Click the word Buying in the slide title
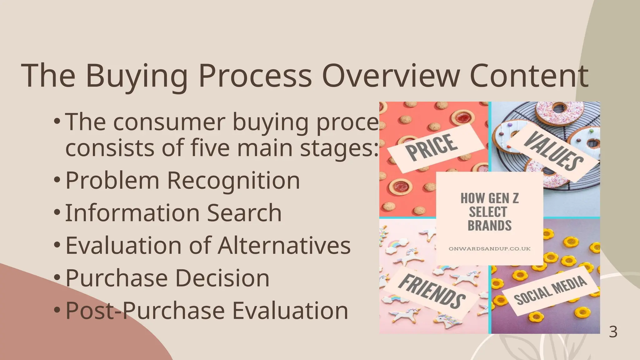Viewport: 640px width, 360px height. coord(136,76)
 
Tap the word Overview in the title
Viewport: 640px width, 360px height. coord(391,76)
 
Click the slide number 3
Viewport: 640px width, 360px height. coord(613,332)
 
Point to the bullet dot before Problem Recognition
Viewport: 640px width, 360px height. coord(57,180)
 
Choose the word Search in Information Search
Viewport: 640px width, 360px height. coord(244,213)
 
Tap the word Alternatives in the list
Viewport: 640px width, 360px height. coord(284,246)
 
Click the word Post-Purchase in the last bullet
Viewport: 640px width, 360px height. coord(145,311)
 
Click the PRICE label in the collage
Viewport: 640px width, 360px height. coord(432,147)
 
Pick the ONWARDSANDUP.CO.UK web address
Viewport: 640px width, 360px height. coord(489,249)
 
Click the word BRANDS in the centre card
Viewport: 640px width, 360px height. coord(489,226)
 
